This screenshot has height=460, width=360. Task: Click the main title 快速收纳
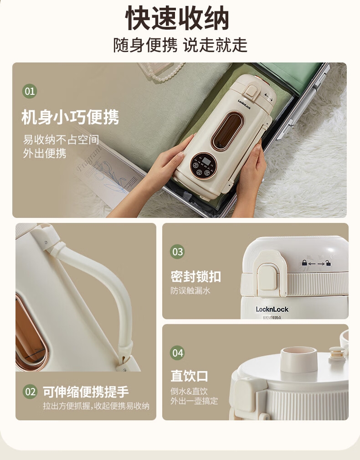coord(177,18)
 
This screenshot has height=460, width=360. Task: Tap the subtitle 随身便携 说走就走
coord(180,45)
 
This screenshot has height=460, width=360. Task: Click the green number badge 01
coord(30,91)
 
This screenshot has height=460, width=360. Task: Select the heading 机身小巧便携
coord(70,117)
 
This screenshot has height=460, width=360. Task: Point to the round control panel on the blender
coord(203,165)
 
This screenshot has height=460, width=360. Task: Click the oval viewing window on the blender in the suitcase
coord(227,131)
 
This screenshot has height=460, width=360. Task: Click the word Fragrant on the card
coord(89,158)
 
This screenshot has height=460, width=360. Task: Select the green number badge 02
coord(30,392)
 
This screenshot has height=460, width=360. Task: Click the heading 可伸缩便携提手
coord(86,392)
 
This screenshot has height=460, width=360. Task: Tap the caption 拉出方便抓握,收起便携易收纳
coord(96,406)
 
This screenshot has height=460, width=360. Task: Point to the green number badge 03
coord(177,252)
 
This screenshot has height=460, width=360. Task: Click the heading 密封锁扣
coord(196,276)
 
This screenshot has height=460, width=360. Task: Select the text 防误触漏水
coord(190,290)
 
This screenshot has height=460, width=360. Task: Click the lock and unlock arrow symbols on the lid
coord(316,263)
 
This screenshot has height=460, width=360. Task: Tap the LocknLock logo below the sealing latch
coord(272,309)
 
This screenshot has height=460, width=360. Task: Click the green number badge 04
coord(177,353)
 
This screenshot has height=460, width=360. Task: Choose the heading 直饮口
coord(190,376)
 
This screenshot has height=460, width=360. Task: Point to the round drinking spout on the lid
coord(298,360)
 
